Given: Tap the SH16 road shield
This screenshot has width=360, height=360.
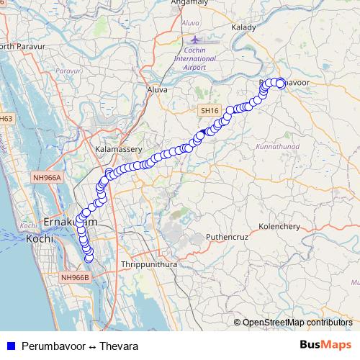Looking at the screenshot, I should [209, 111].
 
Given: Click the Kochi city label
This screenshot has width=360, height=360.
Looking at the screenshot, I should [36, 238].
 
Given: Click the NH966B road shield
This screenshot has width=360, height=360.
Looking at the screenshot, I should [74, 277].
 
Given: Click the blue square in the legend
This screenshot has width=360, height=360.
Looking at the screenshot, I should [11, 346].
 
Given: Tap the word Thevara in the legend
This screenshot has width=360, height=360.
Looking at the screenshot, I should [119, 346].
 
